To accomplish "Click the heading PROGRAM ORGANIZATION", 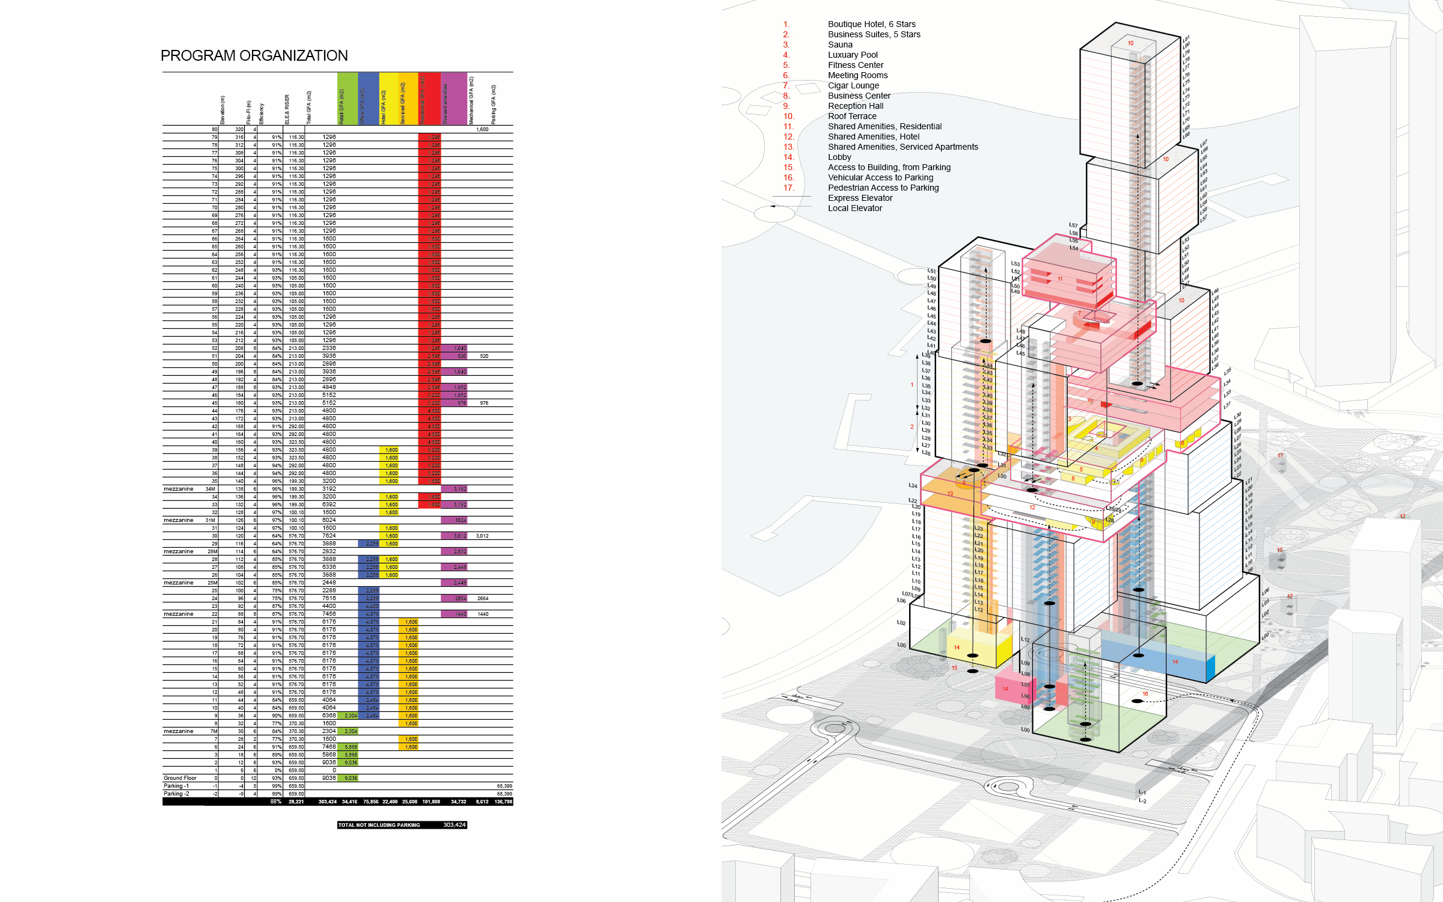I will (x=254, y=56).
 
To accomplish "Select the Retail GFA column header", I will (x=342, y=106).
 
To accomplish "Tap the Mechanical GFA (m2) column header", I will (x=471, y=100).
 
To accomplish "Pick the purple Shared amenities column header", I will (x=446, y=103).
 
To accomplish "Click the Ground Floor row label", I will (x=180, y=778).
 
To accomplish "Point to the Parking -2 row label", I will (x=176, y=794).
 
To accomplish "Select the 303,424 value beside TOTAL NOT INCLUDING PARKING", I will (x=455, y=825).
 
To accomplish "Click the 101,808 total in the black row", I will (x=431, y=802).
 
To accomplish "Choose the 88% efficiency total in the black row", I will (x=276, y=802).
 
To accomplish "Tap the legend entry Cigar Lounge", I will (x=853, y=85).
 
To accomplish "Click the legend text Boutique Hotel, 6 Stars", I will (x=871, y=24).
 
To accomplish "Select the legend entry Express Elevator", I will (x=860, y=198).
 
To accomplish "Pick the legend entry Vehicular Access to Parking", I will (x=880, y=177).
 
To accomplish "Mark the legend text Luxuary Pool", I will (x=853, y=55).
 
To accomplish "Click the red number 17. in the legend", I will (x=788, y=188).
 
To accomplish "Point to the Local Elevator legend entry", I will (x=855, y=208).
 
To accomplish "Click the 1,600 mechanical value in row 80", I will (x=482, y=129).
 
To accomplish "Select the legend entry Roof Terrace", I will (x=852, y=116).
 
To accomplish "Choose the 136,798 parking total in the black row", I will (x=503, y=802).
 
